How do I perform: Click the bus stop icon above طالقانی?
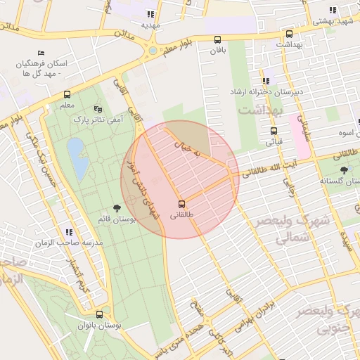point(183,204)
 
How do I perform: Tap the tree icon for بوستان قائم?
point(116,208)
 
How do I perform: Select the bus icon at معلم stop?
point(67,94)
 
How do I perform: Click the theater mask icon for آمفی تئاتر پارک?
point(98,109)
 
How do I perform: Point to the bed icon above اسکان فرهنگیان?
point(41,53)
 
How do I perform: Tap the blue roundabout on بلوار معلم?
point(153,50)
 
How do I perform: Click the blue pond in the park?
point(77,159)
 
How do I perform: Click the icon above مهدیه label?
point(150,13)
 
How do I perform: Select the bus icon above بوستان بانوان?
point(98,315)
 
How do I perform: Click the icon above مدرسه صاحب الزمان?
point(69,231)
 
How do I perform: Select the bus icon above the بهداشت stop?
point(289,33)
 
